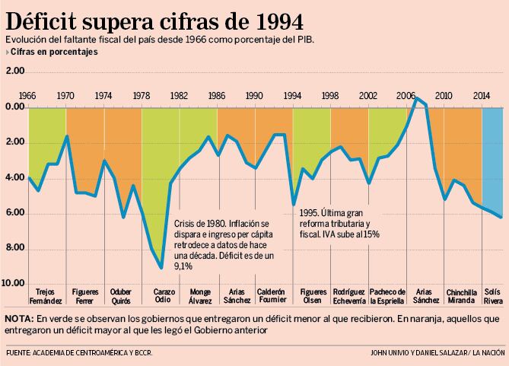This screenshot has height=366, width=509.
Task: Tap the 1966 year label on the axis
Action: pyautogui.click(x=28, y=96)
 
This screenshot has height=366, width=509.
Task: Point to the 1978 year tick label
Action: pyautogui.click(x=142, y=96)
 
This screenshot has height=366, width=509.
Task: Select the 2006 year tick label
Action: pyautogui.click(x=406, y=96)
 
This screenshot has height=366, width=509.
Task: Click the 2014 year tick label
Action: pyautogui.click(x=481, y=96)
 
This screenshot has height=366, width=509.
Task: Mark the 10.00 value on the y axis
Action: pyautogui.click(x=14, y=283)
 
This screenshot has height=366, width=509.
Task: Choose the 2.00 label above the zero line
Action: pyautogui.click(x=14, y=72)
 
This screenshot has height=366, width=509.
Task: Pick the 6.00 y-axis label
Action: pyautogui.click(x=14, y=213)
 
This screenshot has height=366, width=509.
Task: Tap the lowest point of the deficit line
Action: pyautogui.click(x=161, y=267)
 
